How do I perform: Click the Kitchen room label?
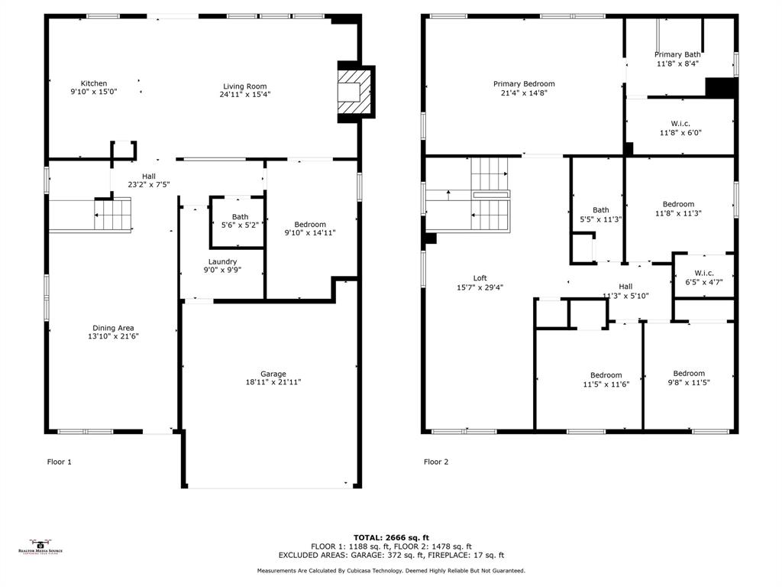point(94,83)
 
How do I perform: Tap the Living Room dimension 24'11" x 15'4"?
point(245,94)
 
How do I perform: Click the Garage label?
point(273,374)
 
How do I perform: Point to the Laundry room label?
point(222,261)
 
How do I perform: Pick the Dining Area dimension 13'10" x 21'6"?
point(114,336)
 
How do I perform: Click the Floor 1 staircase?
point(112,214)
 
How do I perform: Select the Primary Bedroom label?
point(524,84)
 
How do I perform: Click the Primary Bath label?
point(677,54)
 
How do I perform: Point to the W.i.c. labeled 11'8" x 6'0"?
point(680,128)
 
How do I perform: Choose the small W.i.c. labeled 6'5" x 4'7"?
point(704,277)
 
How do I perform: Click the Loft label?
point(480,278)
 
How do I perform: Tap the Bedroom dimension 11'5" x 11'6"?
point(606,384)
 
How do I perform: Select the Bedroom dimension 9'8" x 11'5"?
point(689,382)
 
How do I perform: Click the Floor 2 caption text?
point(436,462)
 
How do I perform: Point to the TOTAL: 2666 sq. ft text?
point(391,537)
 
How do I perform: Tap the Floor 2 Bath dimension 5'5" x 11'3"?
point(601,219)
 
